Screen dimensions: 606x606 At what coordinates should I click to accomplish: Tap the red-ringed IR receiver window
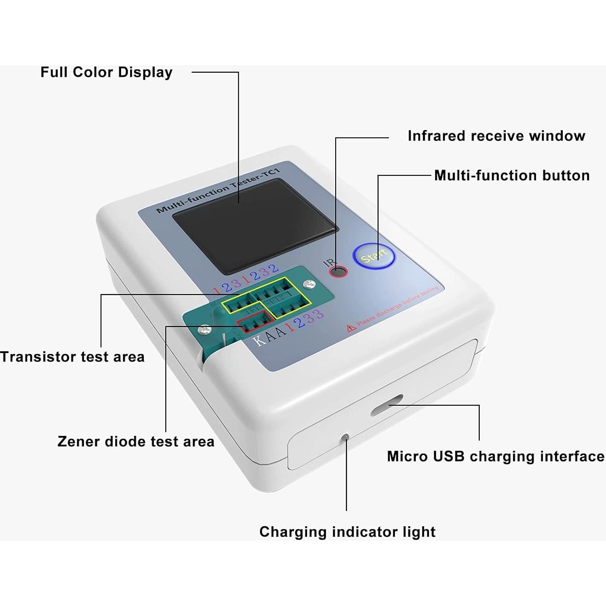[339, 272]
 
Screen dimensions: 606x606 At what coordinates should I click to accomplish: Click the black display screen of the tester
[255, 226]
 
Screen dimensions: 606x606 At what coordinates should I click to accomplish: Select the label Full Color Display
[106, 72]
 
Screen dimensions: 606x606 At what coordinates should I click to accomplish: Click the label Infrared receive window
[496, 136]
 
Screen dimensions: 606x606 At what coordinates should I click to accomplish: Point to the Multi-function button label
[512, 175]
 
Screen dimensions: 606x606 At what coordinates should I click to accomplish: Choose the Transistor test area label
[72, 357]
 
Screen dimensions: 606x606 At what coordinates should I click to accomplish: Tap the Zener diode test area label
[136, 441]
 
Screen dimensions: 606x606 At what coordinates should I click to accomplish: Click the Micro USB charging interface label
[496, 456]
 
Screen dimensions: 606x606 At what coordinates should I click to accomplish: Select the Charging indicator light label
[348, 532]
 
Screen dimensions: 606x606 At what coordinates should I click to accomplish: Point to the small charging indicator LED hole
[346, 437]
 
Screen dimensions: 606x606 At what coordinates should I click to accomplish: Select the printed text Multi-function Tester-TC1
[217, 191]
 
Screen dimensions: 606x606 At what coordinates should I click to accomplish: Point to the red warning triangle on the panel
[351, 328]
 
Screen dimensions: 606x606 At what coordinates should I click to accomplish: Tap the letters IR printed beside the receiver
[330, 262]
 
